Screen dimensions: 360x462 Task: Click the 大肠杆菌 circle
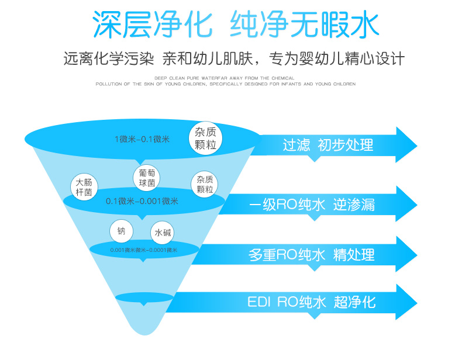pyautogui.click(x=84, y=186)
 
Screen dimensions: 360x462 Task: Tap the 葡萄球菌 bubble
pyautogui.click(x=146, y=177)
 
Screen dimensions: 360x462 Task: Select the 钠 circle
pyautogui.click(x=121, y=231)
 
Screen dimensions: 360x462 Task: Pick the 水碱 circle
pyautogui.click(x=162, y=233)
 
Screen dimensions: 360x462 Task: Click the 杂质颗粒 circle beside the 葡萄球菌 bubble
pyautogui.click(x=205, y=185)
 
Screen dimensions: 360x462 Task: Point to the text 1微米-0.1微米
pyautogui.click(x=142, y=139)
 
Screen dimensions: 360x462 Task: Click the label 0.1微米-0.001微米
pyautogui.click(x=142, y=201)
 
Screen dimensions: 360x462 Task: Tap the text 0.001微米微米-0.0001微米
pyautogui.click(x=143, y=250)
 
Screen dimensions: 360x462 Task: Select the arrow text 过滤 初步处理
pyautogui.click(x=327, y=144)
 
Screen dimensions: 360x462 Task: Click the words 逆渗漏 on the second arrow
pyautogui.click(x=354, y=204)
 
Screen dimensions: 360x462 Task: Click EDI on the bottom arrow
pyautogui.click(x=260, y=302)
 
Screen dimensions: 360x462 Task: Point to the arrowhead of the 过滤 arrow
pyautogui.click(x=406, y=144)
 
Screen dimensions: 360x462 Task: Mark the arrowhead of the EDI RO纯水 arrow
pyautogui.click(x=406, y=302)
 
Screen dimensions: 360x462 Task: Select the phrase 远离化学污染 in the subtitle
pyautogui.click(x=109, y=59)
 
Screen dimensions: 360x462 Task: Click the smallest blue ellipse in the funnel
pyautogui.click(x=144, y=297)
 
